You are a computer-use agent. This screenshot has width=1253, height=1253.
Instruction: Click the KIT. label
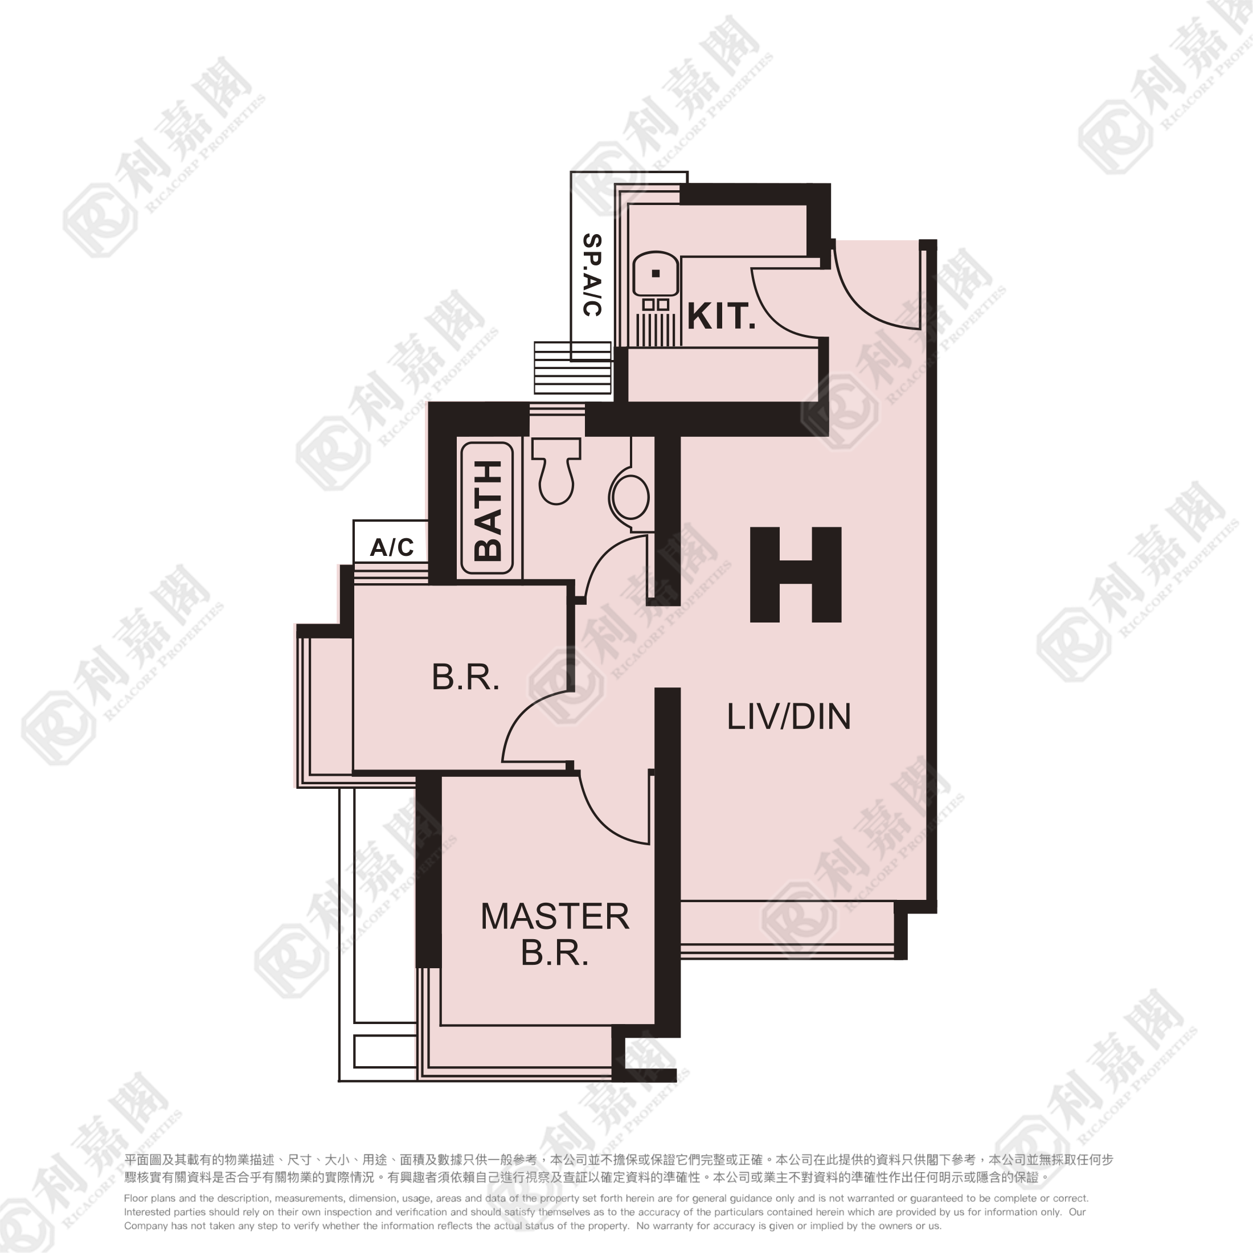[721, 317]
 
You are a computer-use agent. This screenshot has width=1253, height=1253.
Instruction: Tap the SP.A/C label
[592, 275]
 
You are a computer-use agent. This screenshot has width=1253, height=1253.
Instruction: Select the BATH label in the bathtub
[488, 510]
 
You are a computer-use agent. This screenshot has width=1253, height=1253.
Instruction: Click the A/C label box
[391, 542]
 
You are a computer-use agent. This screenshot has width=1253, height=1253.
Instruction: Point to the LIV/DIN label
[789, 716]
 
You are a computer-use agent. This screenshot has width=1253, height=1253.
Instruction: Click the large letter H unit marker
[796, 575]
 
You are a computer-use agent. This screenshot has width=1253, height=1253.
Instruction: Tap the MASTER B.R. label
[555, 935]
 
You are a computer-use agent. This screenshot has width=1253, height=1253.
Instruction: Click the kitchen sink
[656, 274]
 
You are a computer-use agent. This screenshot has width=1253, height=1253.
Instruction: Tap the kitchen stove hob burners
[656, 304]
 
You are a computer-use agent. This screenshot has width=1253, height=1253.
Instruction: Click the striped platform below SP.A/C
[572, 368]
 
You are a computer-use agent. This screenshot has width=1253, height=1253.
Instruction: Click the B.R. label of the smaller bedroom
[466, 678]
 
